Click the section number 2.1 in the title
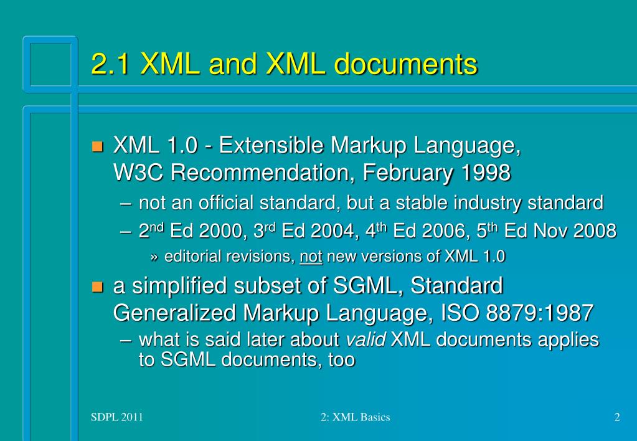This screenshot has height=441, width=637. pos(110,65)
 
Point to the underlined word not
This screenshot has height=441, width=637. pos(310,256)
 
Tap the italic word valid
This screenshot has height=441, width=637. pos(366,340)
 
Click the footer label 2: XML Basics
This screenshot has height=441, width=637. pos(351,417)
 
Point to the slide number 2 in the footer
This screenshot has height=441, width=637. pos(616,417)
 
